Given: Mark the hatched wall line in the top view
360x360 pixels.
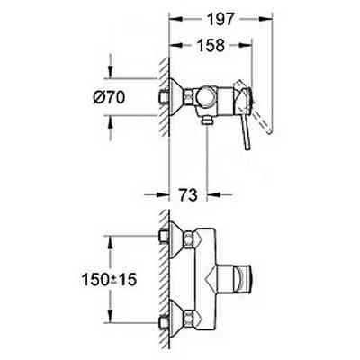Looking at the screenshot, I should [x=164, y=99].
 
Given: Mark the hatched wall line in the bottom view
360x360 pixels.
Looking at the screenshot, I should [x=164, y=279].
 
